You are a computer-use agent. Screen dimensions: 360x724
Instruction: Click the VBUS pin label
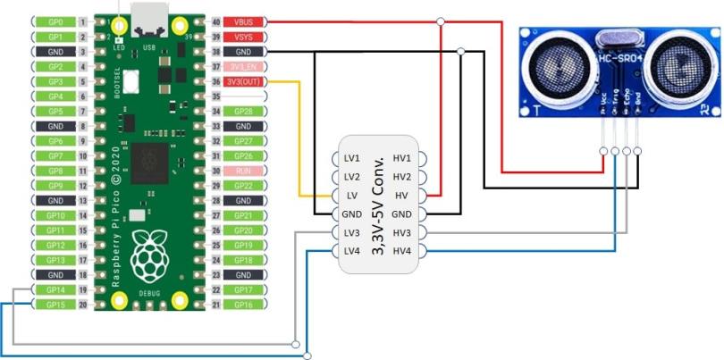244,21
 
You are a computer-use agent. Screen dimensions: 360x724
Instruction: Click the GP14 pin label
55,290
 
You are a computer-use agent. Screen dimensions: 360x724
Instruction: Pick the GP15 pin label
55,305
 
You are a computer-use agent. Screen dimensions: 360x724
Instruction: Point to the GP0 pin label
55,21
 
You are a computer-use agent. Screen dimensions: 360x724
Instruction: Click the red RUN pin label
244,171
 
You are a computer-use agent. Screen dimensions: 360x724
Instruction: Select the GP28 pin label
244,111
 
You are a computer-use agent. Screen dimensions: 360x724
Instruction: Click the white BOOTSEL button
131,81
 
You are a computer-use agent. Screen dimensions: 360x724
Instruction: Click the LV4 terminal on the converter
351,251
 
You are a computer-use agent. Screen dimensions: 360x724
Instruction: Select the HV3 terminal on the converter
403,232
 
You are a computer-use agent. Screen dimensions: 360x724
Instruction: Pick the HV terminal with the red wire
403,195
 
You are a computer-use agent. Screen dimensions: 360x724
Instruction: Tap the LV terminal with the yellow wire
351,195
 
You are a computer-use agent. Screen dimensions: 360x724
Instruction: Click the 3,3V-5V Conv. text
378,205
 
